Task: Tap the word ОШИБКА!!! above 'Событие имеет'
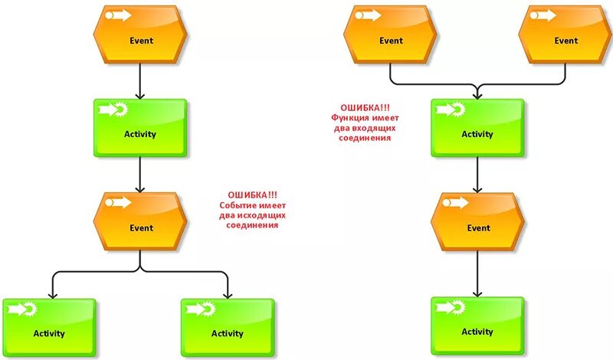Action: click(247, 195)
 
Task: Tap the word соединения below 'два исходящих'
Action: click(247, 226)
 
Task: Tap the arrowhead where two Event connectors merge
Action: click(477, 95)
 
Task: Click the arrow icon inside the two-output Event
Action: click(117, 202)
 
